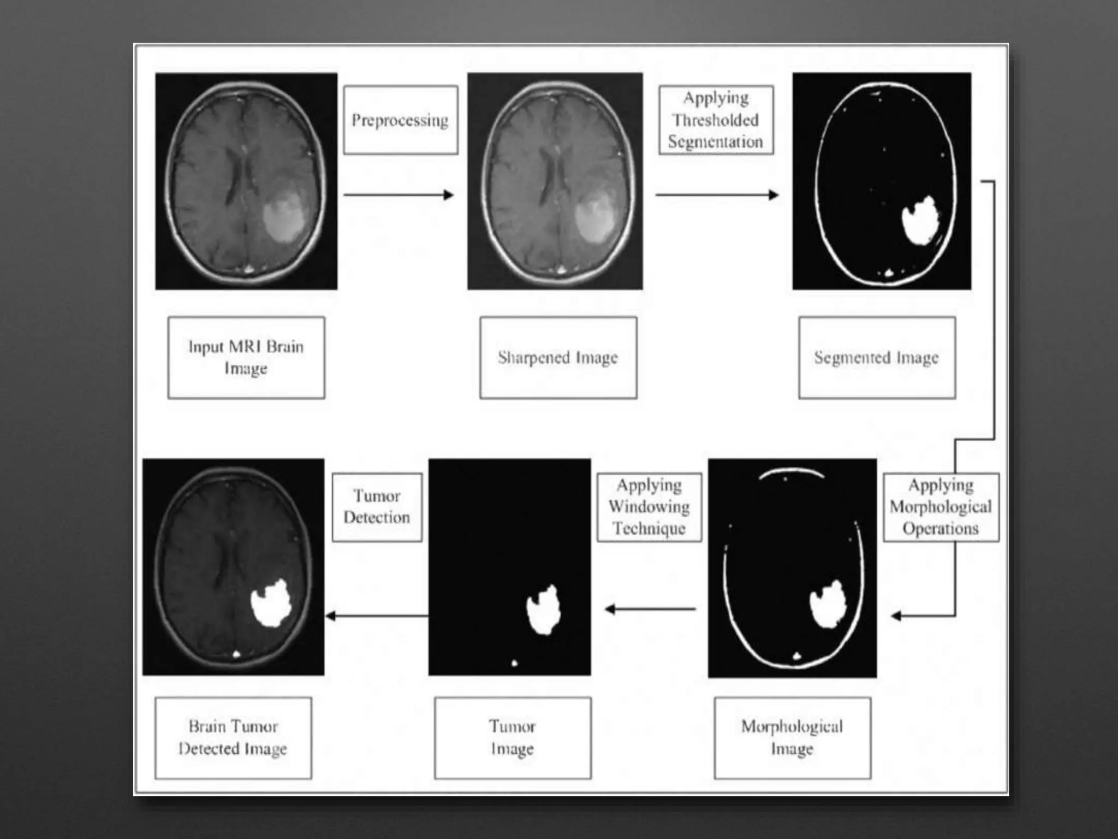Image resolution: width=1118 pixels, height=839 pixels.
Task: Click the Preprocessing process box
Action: click(400, 120)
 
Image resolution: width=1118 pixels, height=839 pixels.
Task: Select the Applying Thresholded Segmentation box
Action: click(716, 120)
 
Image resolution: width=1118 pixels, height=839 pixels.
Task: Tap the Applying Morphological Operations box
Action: click(941, 507)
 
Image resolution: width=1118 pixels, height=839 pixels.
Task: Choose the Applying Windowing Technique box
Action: click(649, 507)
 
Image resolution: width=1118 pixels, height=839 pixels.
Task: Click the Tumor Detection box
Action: click(377, 507)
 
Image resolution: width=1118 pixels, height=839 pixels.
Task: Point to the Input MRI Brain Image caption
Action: click(246, 357)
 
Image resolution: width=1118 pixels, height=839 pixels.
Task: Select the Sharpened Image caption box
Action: click(558, 357)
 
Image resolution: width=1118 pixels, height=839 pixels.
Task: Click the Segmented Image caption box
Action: click(877, 357)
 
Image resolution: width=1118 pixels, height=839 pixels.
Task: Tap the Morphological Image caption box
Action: click(792, 737)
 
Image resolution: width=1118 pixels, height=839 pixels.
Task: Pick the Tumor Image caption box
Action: click(512, 737)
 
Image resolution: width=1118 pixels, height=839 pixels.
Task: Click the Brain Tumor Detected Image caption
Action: click(233, 737)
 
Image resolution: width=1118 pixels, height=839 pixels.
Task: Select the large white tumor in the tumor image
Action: click(544, 610)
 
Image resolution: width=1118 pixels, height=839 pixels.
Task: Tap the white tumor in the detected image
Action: click(271, 603)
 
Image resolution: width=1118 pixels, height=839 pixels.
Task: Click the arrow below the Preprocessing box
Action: click(399, 195)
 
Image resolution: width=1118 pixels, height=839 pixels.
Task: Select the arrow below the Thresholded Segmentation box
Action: click(717, 195)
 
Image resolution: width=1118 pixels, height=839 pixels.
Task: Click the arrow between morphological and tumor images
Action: click(650, 609)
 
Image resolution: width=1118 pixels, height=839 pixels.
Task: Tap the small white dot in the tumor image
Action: click(514, 663)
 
